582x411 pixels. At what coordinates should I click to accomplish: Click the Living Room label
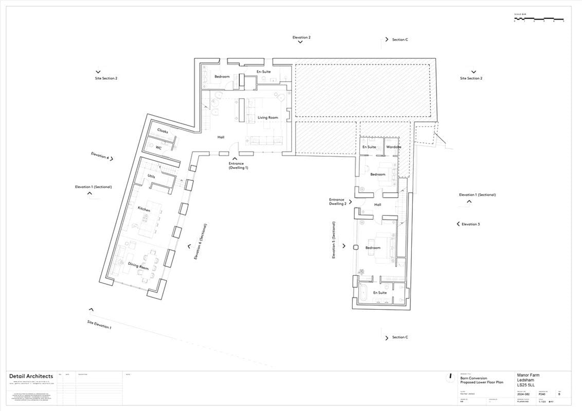267,118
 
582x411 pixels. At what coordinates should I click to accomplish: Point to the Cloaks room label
162,132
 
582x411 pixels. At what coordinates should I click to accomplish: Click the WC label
159,147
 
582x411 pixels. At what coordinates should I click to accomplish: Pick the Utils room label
151,176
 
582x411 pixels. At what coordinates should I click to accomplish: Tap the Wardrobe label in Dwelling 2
393,147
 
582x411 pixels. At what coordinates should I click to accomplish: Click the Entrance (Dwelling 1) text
238,166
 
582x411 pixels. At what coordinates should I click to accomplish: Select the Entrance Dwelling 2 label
337,201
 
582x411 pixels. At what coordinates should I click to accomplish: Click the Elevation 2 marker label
301,38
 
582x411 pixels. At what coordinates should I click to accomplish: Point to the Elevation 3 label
470,224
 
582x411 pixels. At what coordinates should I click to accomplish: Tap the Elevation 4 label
100,156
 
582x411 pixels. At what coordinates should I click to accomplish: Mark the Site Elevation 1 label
99,324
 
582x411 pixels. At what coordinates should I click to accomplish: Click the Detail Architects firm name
31,376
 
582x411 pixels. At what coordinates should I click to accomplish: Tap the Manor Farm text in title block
528,375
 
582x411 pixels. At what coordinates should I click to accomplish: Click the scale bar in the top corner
539,20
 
